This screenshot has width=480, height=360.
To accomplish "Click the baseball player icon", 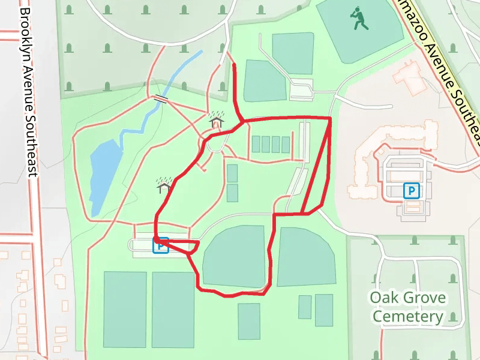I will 359,19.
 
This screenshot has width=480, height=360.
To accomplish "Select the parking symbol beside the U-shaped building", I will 412,191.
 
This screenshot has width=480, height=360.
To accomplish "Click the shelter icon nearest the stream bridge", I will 216,120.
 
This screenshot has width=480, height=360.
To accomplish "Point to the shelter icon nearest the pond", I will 164,185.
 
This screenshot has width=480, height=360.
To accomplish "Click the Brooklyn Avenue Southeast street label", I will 28,90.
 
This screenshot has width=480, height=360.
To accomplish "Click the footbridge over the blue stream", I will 161,99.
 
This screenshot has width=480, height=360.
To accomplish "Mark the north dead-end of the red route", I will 233,64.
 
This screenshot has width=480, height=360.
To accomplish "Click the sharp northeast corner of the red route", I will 330,118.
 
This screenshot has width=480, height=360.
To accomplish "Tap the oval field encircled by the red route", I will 234,256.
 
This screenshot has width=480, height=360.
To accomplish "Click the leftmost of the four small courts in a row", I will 256,144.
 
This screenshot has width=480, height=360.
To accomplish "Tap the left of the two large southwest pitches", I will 125,309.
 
